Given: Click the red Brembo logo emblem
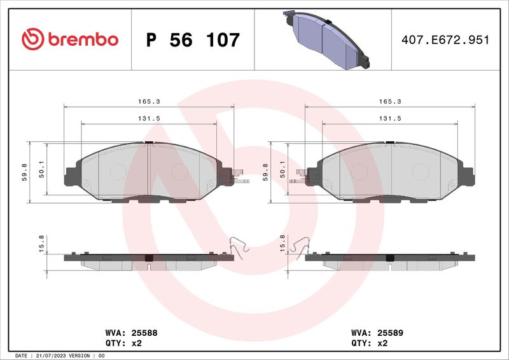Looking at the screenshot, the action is pyautogui.click(x=33, y=39).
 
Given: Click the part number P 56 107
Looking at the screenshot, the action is pyautogui.click(x=193, y=40).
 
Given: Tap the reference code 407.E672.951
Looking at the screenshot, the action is pyautogui.click(x=445, y=40).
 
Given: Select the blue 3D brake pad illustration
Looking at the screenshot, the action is pyautogui.click(x=326, y=40).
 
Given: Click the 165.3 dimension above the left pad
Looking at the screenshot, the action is pyautogui.click(x=149, y=102).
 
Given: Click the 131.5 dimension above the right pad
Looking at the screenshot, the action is pyautogui.click(x=390, y=119).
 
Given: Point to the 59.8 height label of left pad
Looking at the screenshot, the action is pyautogui.click(x=25, y=172).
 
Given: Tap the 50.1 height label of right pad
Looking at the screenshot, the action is pyautogui.click(x=282, y=169).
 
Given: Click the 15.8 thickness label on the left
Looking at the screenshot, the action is pyautogui.click(x=41, y=244).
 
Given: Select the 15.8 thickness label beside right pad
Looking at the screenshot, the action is pyautogui.click(x=282, y=244).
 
